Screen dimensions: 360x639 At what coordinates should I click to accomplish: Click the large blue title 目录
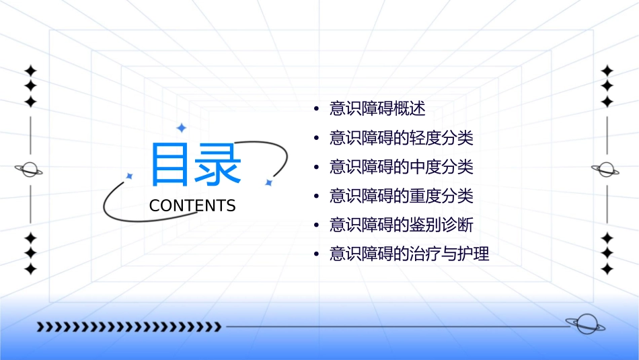pos(195,164)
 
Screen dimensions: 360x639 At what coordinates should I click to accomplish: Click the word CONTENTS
pos(192,206)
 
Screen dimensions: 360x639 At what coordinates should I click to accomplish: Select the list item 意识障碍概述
pos(377,109)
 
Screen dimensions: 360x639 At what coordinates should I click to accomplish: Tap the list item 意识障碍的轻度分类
pos(402,139)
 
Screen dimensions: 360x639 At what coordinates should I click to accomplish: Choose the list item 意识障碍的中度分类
pos(402,167)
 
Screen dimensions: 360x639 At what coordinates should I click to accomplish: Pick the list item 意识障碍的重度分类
pos(402,196)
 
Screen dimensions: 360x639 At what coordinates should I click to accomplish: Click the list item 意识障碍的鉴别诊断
pos(402,225)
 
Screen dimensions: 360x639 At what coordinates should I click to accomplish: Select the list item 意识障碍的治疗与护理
pos(409,254)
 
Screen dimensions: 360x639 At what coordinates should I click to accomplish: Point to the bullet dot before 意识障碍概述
pos(316,110)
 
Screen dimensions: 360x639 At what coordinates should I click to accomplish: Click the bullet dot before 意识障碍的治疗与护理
pos(316,255)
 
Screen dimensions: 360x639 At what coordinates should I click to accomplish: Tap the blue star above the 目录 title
pos(181,128)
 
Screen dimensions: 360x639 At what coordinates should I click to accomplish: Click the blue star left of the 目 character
pos(130,176)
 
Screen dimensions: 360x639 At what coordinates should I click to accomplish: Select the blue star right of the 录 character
pos(268,182)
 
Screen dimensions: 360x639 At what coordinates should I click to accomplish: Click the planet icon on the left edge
pos(30,170)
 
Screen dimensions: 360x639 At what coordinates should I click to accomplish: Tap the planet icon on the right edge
pos(606,170)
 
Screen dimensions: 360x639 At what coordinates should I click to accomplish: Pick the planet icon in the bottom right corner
pos(585,324)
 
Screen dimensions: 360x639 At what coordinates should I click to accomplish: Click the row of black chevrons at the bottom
pos(128,327)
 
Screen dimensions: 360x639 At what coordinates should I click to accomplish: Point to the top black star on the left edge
pos(30,71)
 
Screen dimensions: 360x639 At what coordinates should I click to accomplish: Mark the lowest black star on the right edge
pos(607,269)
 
